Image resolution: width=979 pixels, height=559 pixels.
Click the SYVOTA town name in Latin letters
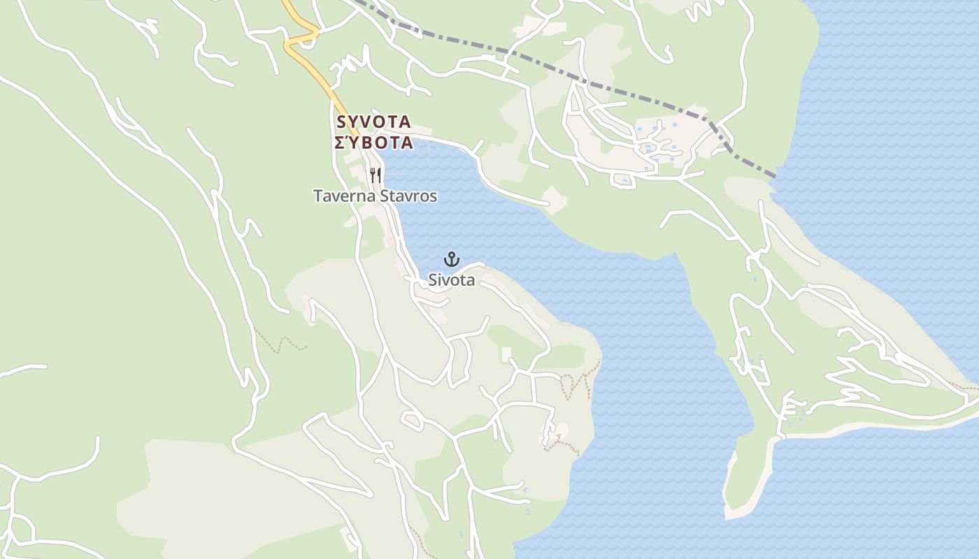373,122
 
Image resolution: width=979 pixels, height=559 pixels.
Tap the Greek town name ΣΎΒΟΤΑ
373,143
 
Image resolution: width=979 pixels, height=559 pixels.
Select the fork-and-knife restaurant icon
376,175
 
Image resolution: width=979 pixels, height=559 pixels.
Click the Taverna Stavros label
375,196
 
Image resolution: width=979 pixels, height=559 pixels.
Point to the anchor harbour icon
452,260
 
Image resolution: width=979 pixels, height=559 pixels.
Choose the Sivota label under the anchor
452,280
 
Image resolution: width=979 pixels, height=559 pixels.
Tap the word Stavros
408,196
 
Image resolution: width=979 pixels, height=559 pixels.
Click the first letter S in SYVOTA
341,122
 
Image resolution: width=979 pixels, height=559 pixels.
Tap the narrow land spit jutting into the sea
741,482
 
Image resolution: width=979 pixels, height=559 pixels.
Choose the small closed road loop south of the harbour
412,421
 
